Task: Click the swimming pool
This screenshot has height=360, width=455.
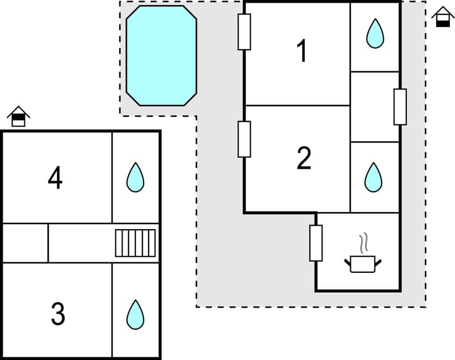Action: tap(161, 55)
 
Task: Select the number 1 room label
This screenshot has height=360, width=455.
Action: tap(301, 52)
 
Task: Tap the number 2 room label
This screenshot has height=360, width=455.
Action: tap(304, 158)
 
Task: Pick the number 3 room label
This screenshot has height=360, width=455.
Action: tap(57, 314)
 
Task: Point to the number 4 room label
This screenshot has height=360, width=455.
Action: tap(55, 178)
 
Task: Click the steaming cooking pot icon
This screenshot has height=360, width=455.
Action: tap(363, 263)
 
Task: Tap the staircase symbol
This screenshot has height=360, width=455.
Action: tap(135, 243)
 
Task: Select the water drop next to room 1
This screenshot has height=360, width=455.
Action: tap(375, 34)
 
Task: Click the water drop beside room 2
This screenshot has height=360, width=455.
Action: tap(373, 177)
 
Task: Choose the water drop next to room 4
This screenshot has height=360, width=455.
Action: tap(135, 177)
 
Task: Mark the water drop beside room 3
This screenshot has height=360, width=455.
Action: tap(135, 314)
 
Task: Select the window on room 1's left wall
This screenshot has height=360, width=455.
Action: tap(244, 31)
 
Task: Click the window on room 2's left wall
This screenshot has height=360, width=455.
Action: tap(244, 139)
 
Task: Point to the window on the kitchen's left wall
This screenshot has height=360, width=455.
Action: tap(316, 243)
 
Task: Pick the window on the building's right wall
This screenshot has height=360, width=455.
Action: tap(400, 107)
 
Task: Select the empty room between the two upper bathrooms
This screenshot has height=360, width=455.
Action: tap(375, 107)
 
